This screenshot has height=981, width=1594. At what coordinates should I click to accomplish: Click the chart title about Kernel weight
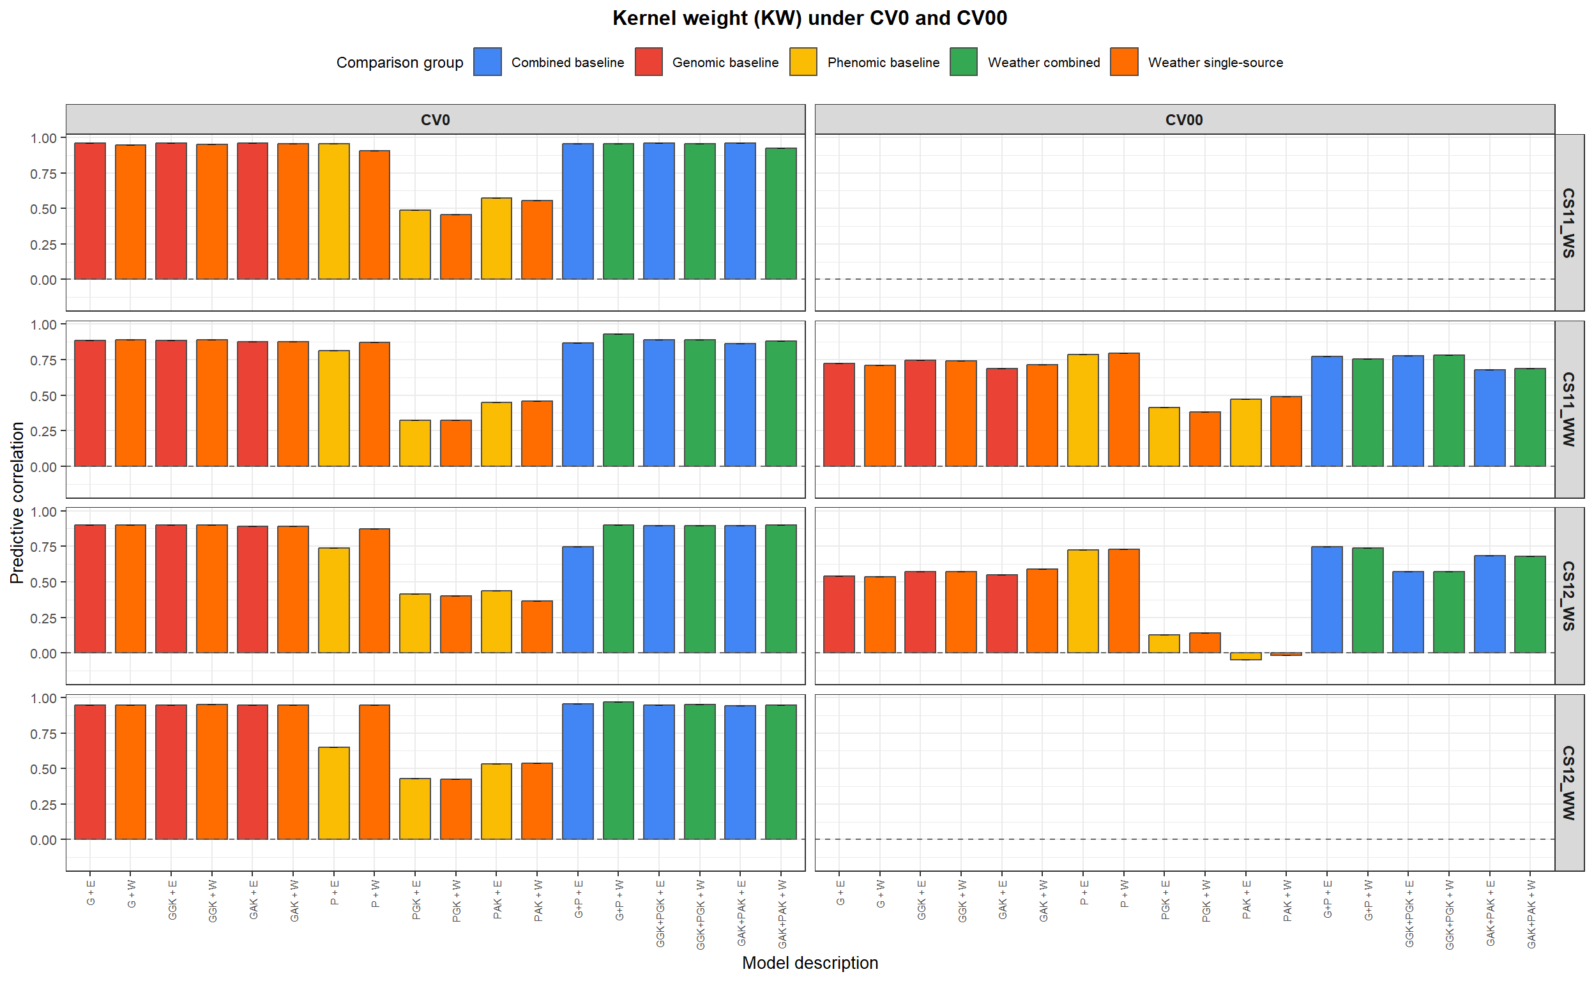pyautogui.click(x=809, y=18)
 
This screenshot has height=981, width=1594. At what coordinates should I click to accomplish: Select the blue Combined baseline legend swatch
pyautogui.click(x=487, y=63)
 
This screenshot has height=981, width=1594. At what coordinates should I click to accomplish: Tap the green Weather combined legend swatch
pyautogui.click(x=963, y=63)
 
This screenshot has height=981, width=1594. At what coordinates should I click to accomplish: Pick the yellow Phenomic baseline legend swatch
pyautogui.click(x=803, y=63)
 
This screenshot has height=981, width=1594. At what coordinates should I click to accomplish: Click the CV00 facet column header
pyautogui.click(x=1183, y=120)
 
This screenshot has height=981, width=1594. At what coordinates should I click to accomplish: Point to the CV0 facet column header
pyautogui.click(x=435, y=120)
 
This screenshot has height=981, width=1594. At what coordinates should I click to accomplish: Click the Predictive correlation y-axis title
pyautogui.click(x=17, y=502)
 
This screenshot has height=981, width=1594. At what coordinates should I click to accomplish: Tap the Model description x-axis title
pyautogui.click(x=809, y=962)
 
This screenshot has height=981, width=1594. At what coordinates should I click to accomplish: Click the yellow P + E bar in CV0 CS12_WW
pyautogui.click(x=333, y=793)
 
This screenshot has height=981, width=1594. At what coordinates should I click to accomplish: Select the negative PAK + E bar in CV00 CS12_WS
pyautogui.click(x=1245, y=656)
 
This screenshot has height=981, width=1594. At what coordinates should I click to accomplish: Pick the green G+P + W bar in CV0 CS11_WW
pyautogui.click(x=618, y=400)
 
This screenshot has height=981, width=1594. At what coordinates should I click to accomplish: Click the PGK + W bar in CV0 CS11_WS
pyautogui.click(x=455, y=247)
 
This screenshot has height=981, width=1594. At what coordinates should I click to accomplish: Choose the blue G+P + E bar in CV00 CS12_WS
pyautogui.click(x=1326, y=600)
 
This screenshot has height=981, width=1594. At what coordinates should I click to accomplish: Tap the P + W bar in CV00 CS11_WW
pyautogui.click(x=1123, y=409)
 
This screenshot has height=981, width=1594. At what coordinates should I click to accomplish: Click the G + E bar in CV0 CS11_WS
pyautogui.click(x=89, y=211)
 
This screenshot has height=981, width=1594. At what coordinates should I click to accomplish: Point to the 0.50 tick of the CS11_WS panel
pyautogui.click(x=43, y=209)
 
